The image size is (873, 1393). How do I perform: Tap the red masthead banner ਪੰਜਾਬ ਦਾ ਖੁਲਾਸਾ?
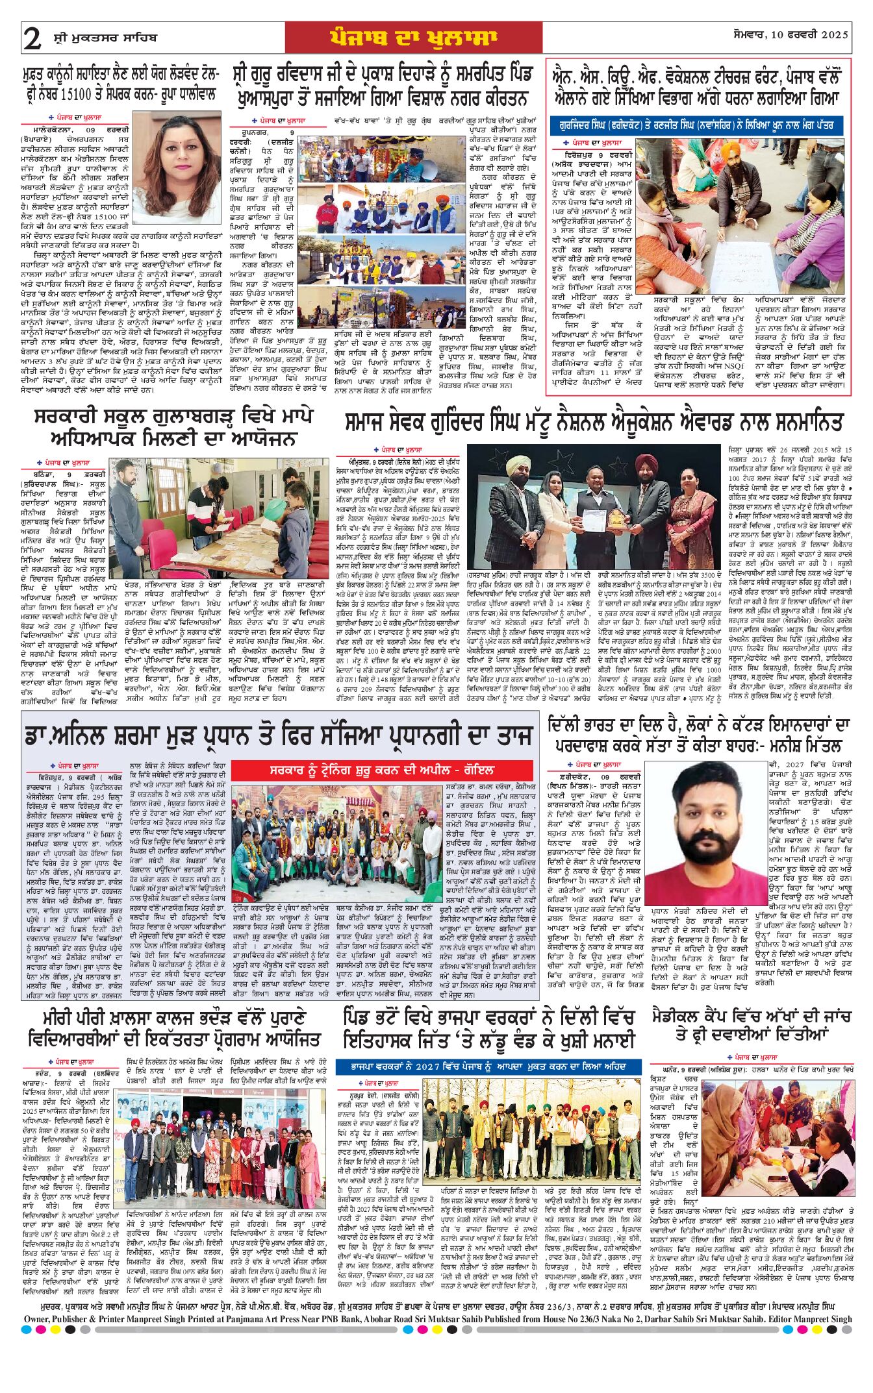point(413,38)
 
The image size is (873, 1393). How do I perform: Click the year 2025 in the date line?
point(834,34)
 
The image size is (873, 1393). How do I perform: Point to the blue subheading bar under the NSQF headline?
point(696,125)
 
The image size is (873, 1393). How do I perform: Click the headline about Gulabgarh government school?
point(175,426)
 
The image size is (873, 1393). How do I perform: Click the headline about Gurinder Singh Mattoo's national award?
point(594,423)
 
